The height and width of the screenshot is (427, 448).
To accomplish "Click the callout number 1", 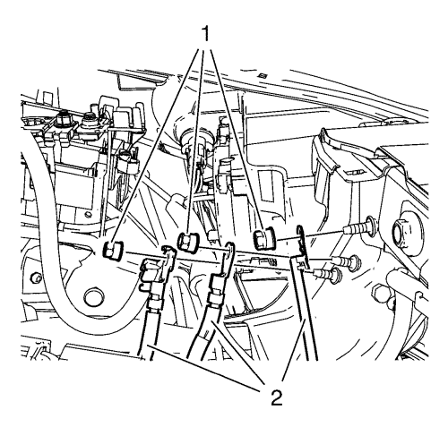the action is (x=205, y=34).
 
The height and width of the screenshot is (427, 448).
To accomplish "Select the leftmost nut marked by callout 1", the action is (x=113, y=250).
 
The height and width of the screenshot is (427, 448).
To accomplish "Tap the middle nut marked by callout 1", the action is (x=188, y=241).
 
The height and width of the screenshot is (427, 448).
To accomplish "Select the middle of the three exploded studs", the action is (x=347, y=261).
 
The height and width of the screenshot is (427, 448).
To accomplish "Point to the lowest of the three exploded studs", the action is (x=328, y=273).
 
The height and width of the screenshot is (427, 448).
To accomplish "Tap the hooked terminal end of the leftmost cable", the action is (x=168, y=255).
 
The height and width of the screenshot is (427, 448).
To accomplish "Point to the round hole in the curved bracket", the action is (x=95, y=297).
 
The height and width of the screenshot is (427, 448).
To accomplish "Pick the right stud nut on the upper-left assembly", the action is (x=89, y=118).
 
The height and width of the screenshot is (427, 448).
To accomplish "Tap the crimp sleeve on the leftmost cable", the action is (x=155, y=303).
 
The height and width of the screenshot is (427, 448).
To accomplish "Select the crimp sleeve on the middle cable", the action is (x=215, y=299).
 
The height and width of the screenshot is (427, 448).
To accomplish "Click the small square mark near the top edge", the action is (x=263, y=75).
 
